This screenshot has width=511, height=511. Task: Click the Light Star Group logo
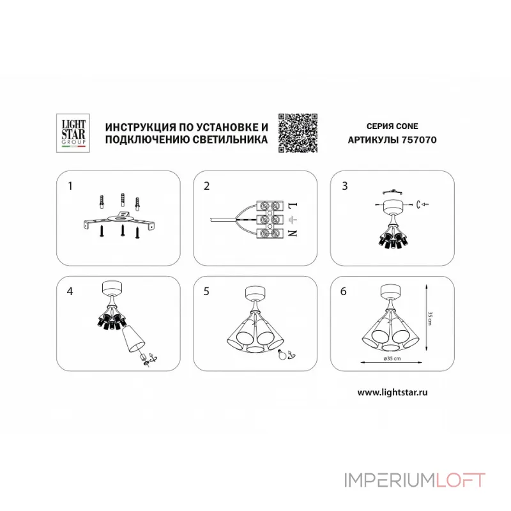[73, 133]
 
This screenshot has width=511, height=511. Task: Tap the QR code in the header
[298, 133]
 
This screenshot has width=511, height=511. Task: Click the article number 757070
[419, 140]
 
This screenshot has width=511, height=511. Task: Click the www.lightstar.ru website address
[392, 392]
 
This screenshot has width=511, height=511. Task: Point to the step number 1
[70, 186]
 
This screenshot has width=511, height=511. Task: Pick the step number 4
[70, 291]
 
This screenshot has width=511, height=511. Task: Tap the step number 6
[343, 291]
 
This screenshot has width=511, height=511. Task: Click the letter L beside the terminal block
[293, 206]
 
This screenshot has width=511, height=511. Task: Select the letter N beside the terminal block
[293, 233]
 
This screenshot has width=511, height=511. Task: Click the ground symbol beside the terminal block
[293, 220]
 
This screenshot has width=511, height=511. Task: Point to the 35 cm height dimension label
[430, 318]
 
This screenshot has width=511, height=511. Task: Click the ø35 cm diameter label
[392, 358]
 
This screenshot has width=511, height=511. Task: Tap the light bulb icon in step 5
[282, 355]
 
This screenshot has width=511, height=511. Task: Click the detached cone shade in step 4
[133, 339]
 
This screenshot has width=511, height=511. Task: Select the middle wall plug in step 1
[123, 199]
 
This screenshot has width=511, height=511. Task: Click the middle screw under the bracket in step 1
[123, 231]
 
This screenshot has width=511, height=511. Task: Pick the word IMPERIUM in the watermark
[389, 480]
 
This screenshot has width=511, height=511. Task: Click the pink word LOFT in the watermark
[460, 480]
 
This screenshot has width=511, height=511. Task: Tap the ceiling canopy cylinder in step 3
[393, 206]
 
